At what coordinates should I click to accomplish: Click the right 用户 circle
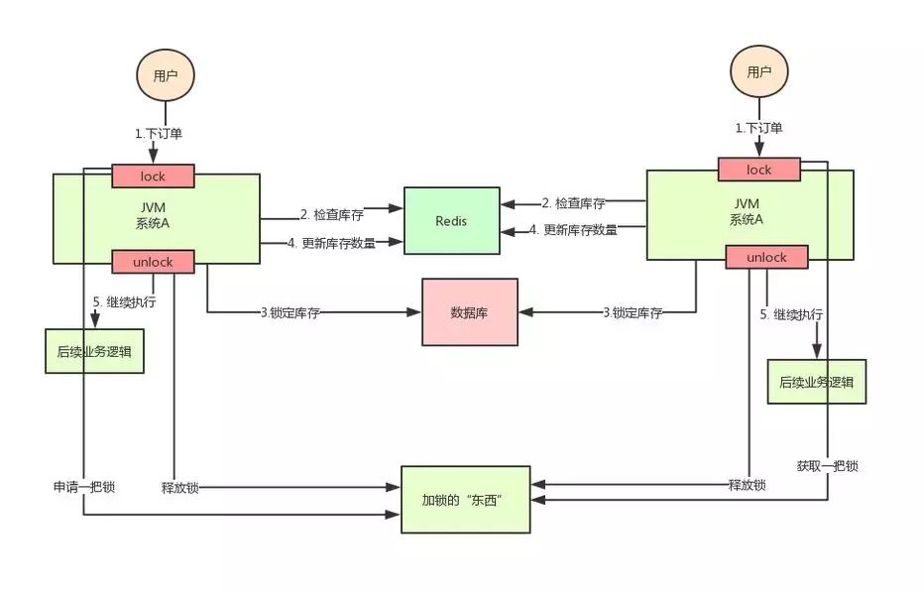coord(759,71)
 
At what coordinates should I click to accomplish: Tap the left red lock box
coord(153,177)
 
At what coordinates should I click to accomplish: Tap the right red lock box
coord(758,170)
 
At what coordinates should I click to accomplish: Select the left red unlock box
coord(153,262)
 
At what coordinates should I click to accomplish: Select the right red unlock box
coord(766,258)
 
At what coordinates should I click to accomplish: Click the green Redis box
coord(451,221)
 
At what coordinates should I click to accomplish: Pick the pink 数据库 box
coord(470,311)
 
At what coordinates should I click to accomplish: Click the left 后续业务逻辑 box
coord(94,351)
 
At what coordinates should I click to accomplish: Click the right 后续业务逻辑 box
coord(816,382)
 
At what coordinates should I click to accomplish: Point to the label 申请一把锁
coord(84,487)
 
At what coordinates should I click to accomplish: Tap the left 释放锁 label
coord(180,487)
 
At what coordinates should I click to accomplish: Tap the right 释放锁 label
coord(747,485)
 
